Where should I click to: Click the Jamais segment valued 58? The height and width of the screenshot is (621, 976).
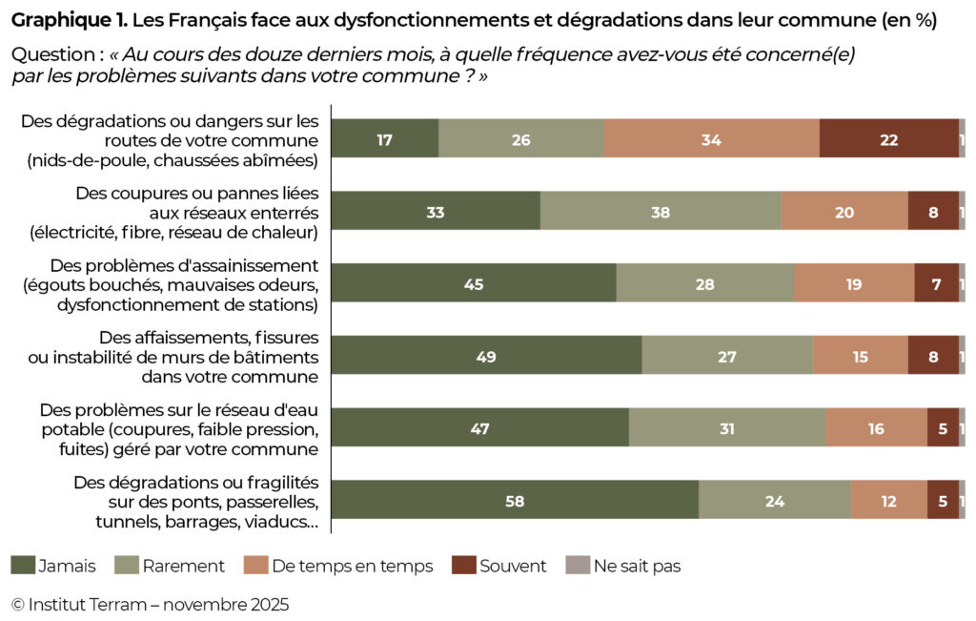(515, 500)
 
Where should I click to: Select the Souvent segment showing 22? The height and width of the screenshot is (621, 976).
(888, 138)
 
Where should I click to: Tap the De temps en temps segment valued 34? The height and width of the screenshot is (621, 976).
(711, 138)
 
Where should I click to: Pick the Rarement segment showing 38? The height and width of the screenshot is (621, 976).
(661, 211)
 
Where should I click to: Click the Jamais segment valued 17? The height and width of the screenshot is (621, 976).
(385, 138)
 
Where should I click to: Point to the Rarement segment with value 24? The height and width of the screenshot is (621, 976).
(774, 500)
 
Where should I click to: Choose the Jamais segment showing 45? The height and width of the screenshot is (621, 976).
(474, 283)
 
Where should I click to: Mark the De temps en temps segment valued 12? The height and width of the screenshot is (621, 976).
(888, 500)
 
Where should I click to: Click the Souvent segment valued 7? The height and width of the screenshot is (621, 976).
(936, 283)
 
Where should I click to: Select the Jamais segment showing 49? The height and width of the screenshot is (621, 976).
(486, 356)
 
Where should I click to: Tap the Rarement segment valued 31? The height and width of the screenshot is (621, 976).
(727, 428)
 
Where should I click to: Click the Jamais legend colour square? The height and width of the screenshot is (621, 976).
(23, 566)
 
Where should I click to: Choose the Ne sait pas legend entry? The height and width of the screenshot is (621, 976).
(625, 566)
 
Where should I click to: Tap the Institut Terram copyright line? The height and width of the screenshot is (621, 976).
(150, 604)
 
